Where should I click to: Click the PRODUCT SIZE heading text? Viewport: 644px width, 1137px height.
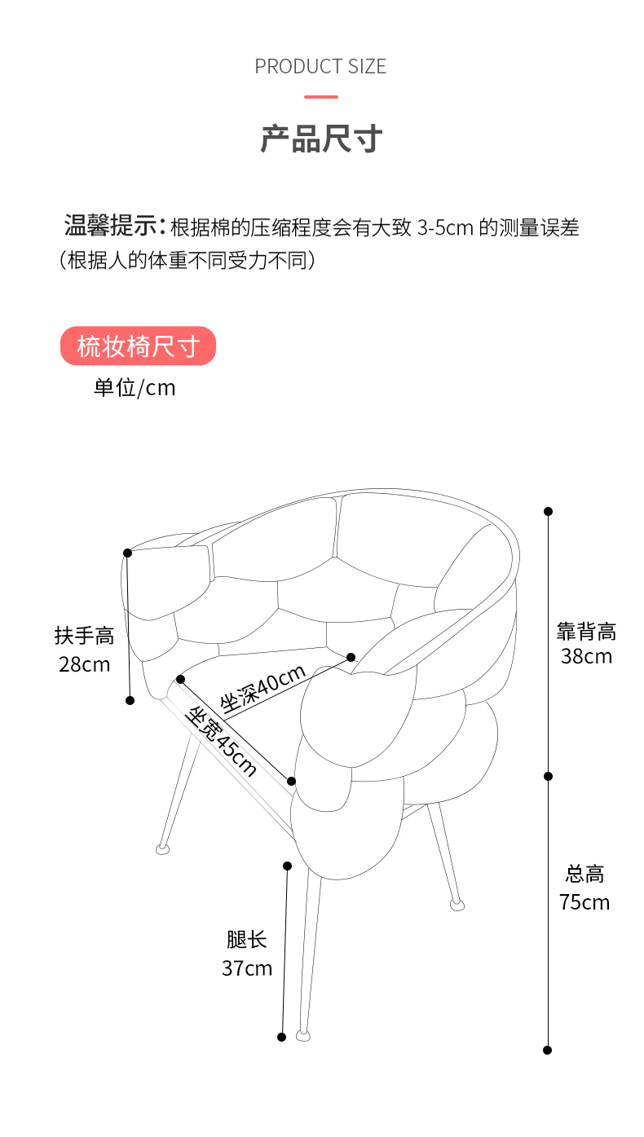coord(320,67)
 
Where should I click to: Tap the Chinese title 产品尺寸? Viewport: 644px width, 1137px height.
coord(321,139)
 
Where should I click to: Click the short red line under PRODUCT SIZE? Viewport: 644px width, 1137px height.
coord(321,96)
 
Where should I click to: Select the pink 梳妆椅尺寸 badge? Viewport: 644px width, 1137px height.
coord(138,346)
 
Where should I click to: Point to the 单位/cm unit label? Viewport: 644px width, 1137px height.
coord(135,388)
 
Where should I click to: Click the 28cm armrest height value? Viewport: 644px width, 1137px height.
coord(84,664)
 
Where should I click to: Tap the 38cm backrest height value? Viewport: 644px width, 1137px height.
coord(587,656)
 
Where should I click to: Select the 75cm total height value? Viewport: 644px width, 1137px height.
coord(584,902)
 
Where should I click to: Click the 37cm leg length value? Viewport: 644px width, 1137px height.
coord(247,968)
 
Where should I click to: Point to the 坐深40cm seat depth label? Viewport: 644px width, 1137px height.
coord(262,688)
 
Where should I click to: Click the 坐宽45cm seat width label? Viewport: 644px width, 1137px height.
coord(221,742)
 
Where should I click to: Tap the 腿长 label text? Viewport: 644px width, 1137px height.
coord(247,940)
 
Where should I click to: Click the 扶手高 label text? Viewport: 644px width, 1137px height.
coord(84,636)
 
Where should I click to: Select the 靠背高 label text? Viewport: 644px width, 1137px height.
coord(587,632)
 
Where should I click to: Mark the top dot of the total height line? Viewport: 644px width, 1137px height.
coord(548,511)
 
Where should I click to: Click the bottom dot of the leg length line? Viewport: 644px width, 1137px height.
coord(282,1038)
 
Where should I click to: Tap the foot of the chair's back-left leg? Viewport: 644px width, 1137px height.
coord(162,848)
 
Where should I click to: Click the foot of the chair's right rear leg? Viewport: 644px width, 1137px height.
coord(457,905)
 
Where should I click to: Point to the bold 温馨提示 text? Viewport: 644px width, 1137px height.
coord(111,226)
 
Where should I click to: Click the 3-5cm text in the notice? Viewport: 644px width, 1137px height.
coord(446,228)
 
